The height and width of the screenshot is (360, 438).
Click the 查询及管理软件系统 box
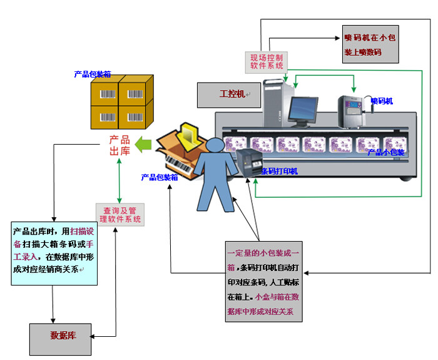pyautogui.click(x=119, y=215)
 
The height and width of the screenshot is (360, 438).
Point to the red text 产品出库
pyautogui.click(x=120, y=145)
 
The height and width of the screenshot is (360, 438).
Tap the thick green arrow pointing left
pyautogui.click(x=145, y=144)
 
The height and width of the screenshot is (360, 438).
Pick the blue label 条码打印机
pyautogui.click(x=279, y=171)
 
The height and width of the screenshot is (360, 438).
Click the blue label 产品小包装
pyautogui.click(x=385, y=152)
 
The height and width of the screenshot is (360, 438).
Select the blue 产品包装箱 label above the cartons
pyautogui.click(x=92, y=74)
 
